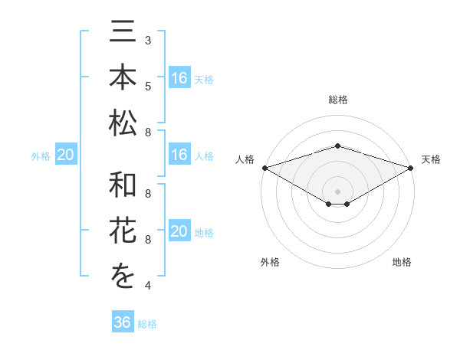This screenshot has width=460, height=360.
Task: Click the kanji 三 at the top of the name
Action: pyautogui.click(x=123, y=34)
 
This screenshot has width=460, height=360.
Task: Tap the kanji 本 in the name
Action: pyautogui.click(x=123, y=78)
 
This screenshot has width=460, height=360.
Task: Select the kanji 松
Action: pyautogui.click(x=123, y=122)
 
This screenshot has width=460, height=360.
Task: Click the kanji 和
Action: pyautogui.click(x=123, y=185)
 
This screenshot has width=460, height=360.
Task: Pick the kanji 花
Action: pyautogui.click(x=123, y=232)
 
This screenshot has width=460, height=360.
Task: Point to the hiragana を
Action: pyautogui.click(x=123, y=277)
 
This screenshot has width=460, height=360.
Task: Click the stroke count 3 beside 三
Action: pyautogui.click(x=147, y=40)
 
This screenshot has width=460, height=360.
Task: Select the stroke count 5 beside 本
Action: pyautogui.click(x=147, y=85)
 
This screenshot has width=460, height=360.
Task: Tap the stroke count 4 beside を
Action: pyautogui.click(x=147, y=286)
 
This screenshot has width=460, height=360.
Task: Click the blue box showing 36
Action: pyautogui.click(x=122, y=322)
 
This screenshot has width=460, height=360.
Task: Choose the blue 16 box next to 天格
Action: pyautogui.click(x=179, y=78)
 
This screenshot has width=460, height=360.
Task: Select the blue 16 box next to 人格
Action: pyautogui.click(x=179, y=155)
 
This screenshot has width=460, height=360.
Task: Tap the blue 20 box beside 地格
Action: pyautogui.click(x=179, y=232)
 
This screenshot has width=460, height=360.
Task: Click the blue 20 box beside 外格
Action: pyautogui.click(x=65, y=155)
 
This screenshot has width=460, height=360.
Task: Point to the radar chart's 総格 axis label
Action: pyautogui.click(x=337, y=100)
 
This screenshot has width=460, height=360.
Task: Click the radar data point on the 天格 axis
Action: pyautogui.click(x=412, y=168)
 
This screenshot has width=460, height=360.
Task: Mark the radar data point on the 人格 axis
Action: pyautogui.click(x=264, y=168)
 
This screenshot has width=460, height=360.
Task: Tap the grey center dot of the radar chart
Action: pyautogui.click(x=337, y=191)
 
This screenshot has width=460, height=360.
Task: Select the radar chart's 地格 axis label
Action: pyautogui.click(x=402, y=262)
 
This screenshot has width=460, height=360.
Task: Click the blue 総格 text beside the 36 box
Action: pyautogui.click(x=147, y=324)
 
